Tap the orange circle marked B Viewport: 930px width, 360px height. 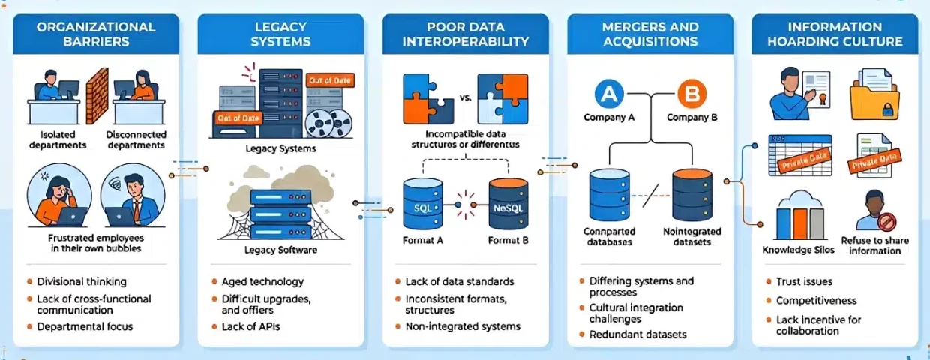(691, 94)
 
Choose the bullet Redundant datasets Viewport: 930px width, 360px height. (638, 334)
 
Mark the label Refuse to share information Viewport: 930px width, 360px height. (874, 246)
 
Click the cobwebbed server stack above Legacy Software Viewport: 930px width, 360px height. (279, 214)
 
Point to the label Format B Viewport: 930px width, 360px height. (509, 240)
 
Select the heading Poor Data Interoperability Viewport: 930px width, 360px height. (465, 34)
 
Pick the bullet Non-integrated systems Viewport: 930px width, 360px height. (463, 326)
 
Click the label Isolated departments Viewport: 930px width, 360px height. (58, 139)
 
